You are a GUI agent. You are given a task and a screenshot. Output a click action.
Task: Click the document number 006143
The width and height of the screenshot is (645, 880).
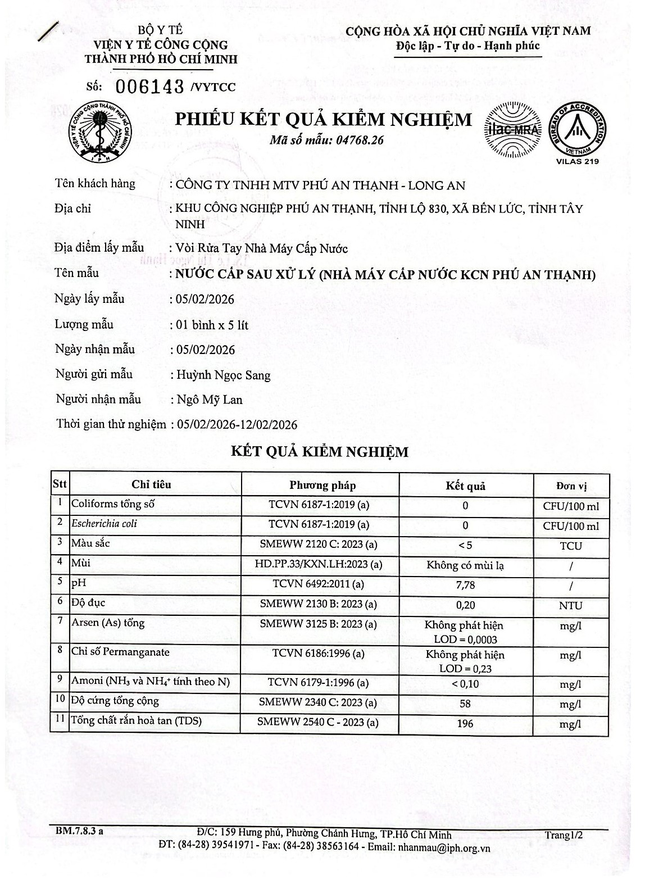[x=151, y=87]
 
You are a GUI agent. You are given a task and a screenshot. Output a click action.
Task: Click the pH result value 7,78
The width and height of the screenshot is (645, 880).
[x=465, y=585]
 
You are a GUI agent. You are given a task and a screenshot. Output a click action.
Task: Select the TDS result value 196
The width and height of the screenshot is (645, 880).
[x=465, y=723]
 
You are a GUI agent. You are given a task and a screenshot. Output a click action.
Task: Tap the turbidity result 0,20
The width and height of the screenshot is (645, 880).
[x=465, y=605]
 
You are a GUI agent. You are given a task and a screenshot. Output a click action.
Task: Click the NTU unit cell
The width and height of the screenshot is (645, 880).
[x=570, y=606]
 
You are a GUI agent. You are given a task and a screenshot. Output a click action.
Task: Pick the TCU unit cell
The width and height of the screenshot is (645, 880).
[x=570, y=546]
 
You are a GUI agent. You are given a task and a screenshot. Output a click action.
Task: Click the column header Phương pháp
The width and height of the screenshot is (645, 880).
[x=322, y=486]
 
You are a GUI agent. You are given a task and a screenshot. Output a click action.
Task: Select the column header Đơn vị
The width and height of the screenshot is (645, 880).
[x=570, y=486]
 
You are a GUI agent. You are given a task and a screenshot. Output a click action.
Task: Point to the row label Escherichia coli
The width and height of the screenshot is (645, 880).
[x=104, y=524]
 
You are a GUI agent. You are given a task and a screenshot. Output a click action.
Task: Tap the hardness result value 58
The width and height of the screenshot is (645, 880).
[x=465, y=704]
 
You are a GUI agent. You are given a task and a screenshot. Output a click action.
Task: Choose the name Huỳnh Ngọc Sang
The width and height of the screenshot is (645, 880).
[x=224, y=375]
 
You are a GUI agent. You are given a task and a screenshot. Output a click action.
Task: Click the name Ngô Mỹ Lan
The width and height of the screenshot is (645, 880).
[x=210, y=400]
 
